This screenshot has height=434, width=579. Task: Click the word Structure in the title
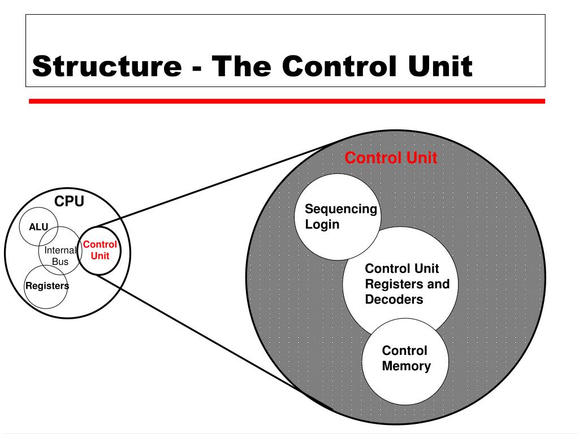(x=107, y=66)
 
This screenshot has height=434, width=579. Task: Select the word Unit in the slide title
(x=440, y=66)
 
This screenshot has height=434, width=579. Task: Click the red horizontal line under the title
(x=287, y=101)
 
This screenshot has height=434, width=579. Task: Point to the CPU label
(x=69, y=201)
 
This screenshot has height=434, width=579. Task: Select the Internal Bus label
(x=60, y=256)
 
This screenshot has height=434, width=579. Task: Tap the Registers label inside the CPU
(x=47, y=285)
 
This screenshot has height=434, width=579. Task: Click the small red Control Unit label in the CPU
(x=100, y=250)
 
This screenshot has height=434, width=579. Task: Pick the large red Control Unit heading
(x=391, y=158)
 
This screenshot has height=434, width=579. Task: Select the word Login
(x=322, y=224)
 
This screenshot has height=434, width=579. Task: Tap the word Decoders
(x=394, y=300)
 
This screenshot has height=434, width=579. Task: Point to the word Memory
(x=406, y=366)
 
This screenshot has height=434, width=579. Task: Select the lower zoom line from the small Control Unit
(x=214, y=341)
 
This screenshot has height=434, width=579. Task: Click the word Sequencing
(x=341, y=209)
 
